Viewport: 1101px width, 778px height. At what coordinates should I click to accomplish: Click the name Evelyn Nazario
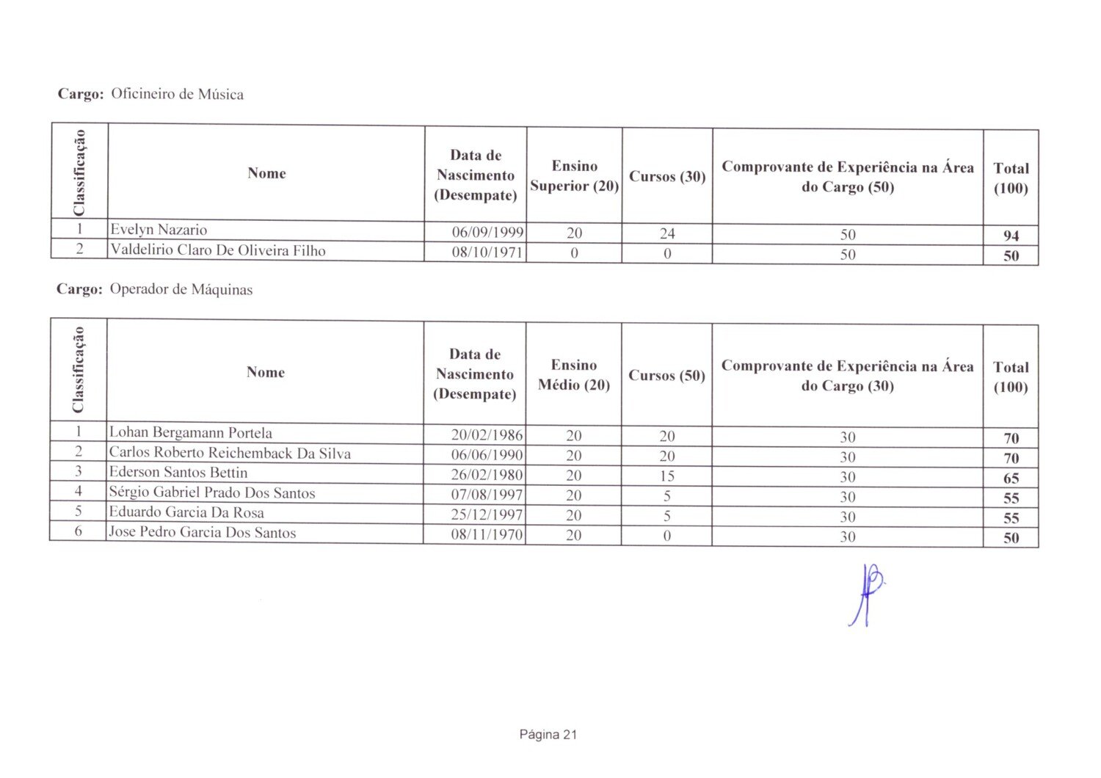coord(159,230)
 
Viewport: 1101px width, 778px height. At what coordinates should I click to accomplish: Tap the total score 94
coord(1011,236)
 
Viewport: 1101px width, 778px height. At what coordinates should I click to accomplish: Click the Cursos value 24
coord(666,234)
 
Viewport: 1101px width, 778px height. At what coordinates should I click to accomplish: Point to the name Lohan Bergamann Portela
coord(190,433)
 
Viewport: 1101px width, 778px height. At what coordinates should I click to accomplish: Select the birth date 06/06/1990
coord(487,455)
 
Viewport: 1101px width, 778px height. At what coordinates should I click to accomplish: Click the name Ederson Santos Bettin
coord(178,473)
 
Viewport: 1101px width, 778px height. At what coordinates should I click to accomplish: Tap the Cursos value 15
coord(666,476)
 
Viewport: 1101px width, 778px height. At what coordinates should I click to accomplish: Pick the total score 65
coord(1011,479)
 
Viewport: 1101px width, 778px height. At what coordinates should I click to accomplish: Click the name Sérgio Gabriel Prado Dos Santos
coord(212,492)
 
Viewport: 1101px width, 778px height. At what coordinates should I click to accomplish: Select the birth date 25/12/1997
coord(487,515)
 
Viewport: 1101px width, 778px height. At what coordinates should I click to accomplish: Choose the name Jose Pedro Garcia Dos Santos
coord(203,533)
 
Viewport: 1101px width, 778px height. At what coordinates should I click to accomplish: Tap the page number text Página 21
coord(548,735)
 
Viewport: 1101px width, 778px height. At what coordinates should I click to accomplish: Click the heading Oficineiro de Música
coord(177,95)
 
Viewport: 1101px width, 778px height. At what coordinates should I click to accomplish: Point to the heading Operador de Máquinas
coord(181,290)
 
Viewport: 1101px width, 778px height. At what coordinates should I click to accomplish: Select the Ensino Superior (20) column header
coord(575,176)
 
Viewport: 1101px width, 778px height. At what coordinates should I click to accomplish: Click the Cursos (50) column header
coord(666,376)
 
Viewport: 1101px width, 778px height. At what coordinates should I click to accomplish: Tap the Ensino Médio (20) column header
coord(574,375)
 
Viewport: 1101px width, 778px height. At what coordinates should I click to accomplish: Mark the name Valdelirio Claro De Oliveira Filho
coord(217,250)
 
